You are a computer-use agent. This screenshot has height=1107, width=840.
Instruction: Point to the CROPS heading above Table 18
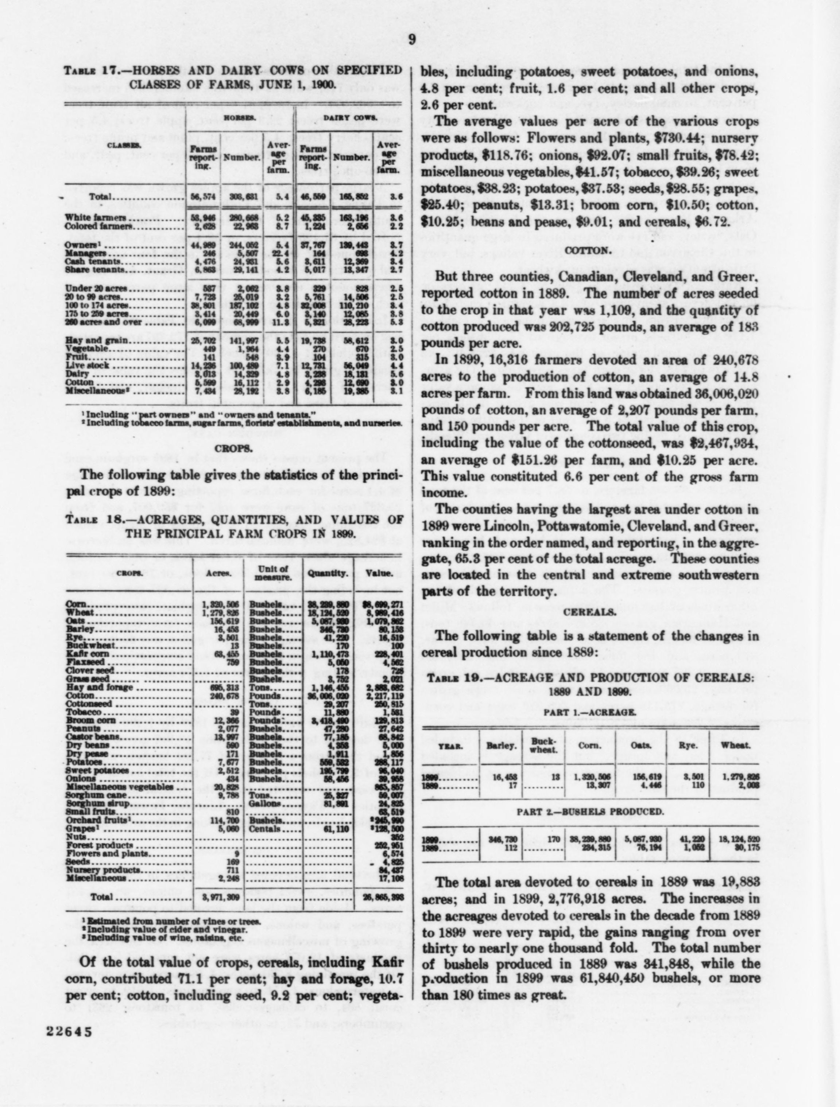pyautogui.click(x=234, y=449)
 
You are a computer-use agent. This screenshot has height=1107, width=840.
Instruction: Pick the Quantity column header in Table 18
pyautogui.click(x=327, y=574)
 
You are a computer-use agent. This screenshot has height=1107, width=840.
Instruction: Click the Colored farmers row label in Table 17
pyautogui.click(x=96, y=226)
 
